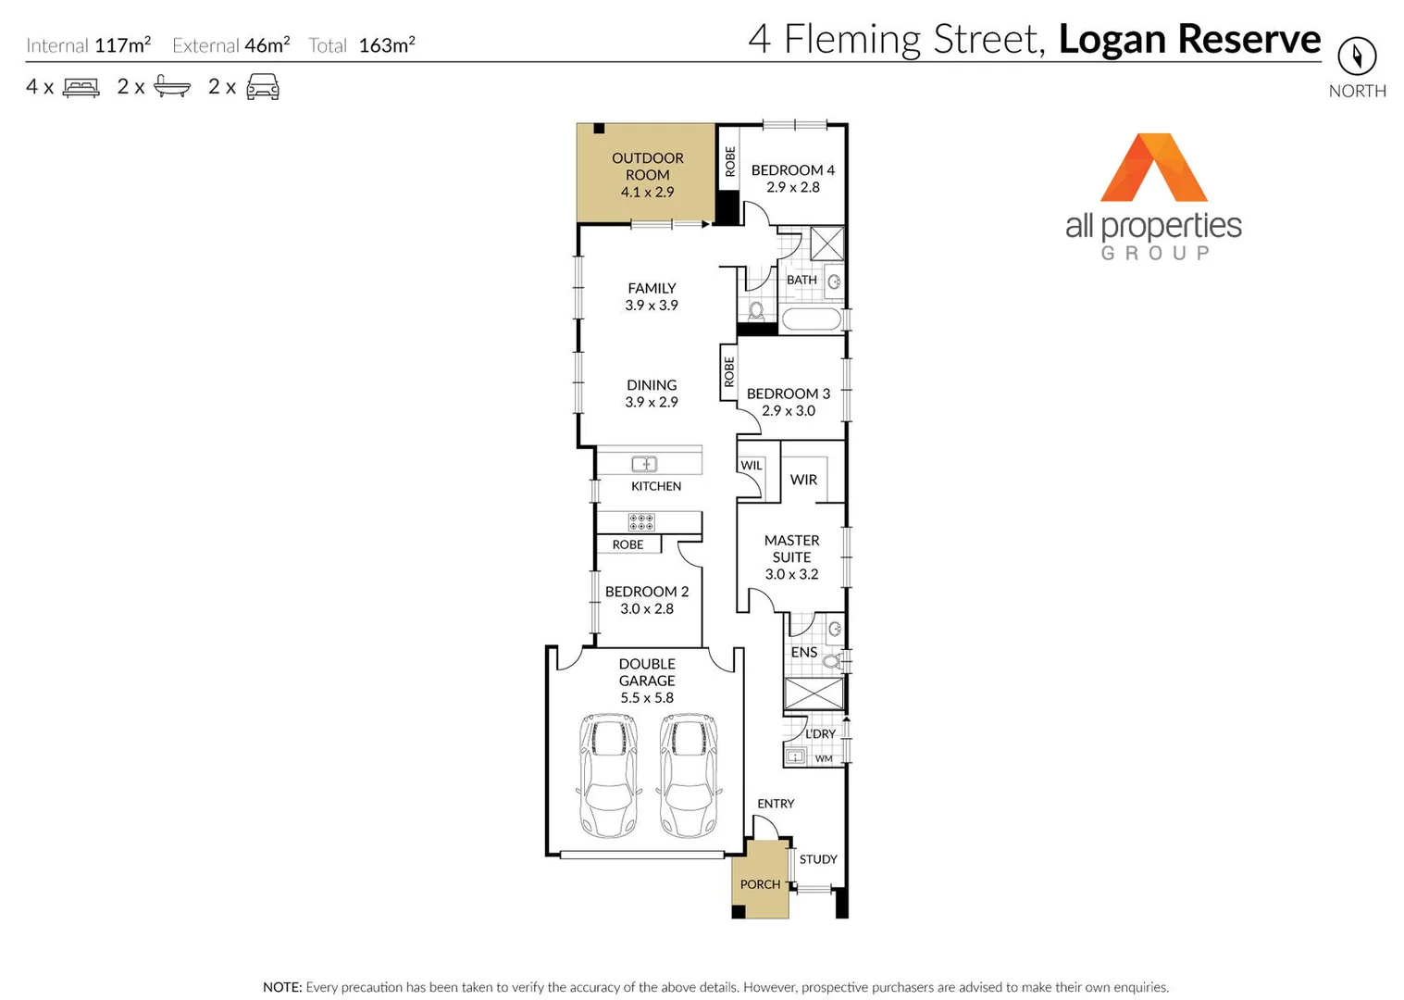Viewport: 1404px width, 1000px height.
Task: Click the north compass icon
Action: tap(1357, 56)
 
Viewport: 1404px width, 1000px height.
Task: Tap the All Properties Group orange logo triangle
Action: tap(1153, 169)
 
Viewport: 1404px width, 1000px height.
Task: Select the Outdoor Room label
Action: tap(647, 167)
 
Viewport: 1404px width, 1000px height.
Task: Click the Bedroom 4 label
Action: tap(792, 170)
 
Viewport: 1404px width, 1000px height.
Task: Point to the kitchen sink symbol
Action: tap(644, 464)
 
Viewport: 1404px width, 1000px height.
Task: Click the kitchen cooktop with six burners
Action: tap(641, 522)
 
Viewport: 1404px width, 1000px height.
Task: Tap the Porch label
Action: tap(760, 884)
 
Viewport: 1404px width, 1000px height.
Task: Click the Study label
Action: tap(818, 859)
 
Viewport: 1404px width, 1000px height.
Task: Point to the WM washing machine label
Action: tap(824, 758)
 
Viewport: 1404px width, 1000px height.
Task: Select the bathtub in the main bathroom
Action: tap(812, 320)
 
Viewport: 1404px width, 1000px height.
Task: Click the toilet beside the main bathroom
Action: tap(756, 310)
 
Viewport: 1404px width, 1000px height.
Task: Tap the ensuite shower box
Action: tap(814, 694)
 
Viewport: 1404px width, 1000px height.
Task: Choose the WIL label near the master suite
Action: tap(751, 466)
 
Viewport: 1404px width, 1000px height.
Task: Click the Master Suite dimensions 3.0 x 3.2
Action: tap(791, 574)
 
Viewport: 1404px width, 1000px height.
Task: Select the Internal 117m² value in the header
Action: tap(122, 45)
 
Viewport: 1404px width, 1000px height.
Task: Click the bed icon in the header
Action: tap(81, 88)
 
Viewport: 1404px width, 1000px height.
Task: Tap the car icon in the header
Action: tap(263, 87)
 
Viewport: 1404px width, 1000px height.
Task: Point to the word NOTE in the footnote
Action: tap(281, 987)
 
